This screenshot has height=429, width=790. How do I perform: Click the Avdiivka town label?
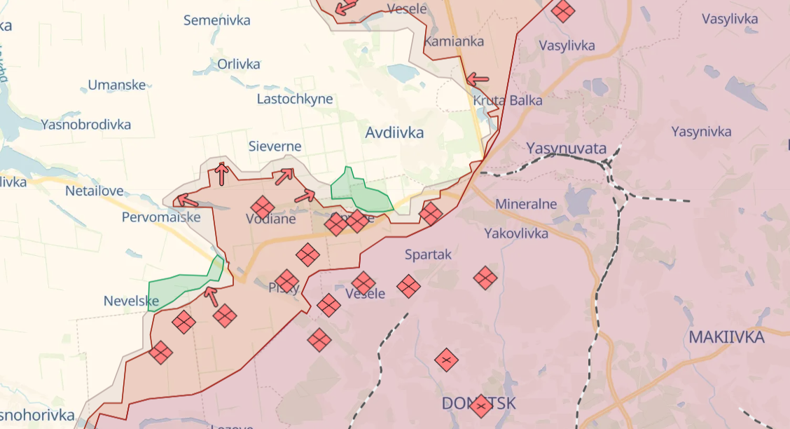(394, 132)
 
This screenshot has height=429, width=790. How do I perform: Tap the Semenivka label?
(216, 20)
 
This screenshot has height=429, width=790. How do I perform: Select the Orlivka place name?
(239, 64)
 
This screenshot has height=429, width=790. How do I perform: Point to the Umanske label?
(117, 86)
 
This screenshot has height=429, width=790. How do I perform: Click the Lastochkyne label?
(295, 99)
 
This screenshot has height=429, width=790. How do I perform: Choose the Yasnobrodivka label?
(86, 125)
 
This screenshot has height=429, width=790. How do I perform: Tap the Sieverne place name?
(275, 147)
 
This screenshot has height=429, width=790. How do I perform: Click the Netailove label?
(95, 191)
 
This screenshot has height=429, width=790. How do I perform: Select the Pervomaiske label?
(161, 217)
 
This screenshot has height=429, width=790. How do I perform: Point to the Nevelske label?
(131, 301)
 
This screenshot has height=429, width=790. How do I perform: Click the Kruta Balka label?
(508, 100)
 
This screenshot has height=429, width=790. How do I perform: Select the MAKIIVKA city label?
(726, 337)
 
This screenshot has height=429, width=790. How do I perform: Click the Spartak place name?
(428, 254)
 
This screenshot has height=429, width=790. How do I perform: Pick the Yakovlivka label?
(516, 233)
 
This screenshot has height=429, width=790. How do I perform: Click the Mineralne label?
(526, 204)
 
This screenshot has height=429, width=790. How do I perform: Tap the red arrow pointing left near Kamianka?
(478, 79)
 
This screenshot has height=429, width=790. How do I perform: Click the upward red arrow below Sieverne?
(221, 173)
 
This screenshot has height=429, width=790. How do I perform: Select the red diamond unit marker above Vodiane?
(262, 207)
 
